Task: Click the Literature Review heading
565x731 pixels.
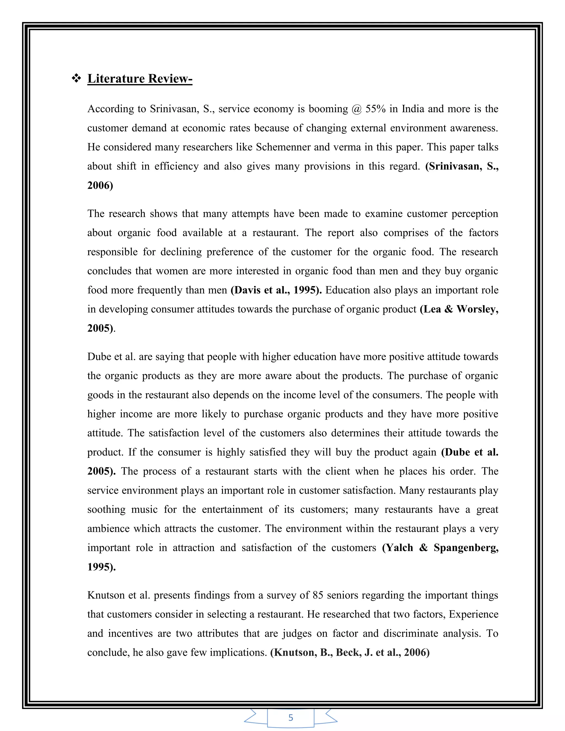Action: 140,79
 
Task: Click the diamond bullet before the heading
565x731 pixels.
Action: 76,79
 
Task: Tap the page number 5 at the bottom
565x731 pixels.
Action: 291,717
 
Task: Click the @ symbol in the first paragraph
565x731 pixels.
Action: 357,109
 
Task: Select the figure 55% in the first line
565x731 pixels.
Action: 375,109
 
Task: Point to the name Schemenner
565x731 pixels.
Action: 283,147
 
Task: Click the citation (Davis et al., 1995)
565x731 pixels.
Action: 276,290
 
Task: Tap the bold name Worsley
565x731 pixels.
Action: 477,309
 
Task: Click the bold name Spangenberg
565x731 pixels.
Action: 466,548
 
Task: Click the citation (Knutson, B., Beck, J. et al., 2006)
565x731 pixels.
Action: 350,653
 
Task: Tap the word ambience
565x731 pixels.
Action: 107,529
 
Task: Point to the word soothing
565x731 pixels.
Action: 106,510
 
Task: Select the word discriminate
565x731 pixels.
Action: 411,634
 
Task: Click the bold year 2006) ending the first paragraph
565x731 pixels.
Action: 100,185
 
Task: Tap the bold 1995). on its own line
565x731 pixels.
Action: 102,567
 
